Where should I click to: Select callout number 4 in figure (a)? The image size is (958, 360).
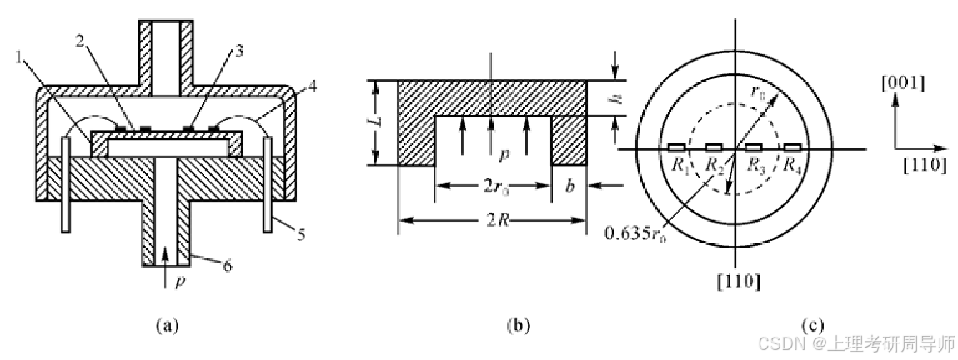(312, 86)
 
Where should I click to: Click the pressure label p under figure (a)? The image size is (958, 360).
(180, 282)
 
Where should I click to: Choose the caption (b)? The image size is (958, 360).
(519, 325)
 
